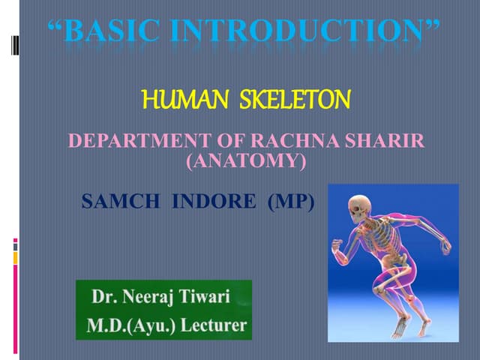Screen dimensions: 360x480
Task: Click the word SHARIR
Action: (x=381, y=140)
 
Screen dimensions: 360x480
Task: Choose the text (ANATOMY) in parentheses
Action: (x=246, y=160)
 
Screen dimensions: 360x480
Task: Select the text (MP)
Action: (x=291, y=202)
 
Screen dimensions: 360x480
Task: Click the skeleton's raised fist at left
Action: (x=337, y=245)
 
